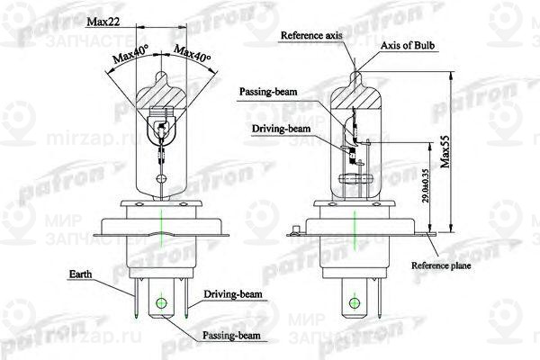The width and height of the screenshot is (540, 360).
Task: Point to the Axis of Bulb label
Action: coord(409,46)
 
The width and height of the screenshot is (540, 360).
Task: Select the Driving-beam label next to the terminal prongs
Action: coord(232,294)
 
